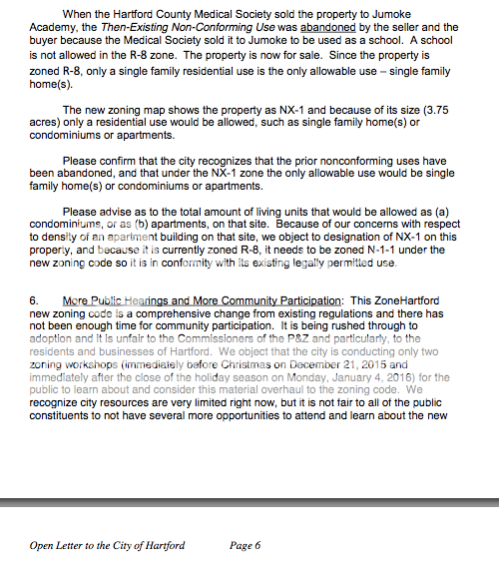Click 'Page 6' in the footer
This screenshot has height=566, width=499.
coord(245,546)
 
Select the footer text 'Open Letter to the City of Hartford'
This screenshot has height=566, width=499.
coord(107,546)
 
